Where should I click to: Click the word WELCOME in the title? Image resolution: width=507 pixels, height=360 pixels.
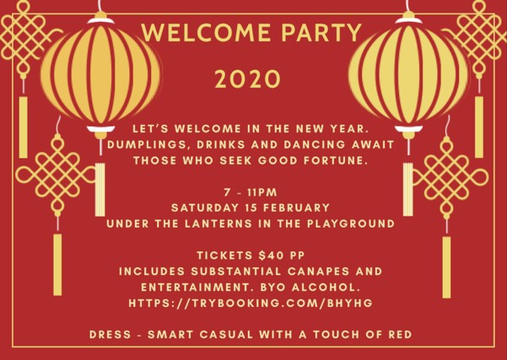206,32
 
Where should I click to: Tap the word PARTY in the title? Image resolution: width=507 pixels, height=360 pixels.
321,32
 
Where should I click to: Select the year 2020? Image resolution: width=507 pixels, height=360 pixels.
247,79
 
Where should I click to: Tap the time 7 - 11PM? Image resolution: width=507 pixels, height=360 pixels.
251,192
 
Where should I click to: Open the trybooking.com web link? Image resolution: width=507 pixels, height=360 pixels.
251,304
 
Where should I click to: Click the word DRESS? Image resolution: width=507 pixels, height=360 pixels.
111,335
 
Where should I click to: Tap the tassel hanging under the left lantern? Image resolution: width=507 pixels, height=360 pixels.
100,190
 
